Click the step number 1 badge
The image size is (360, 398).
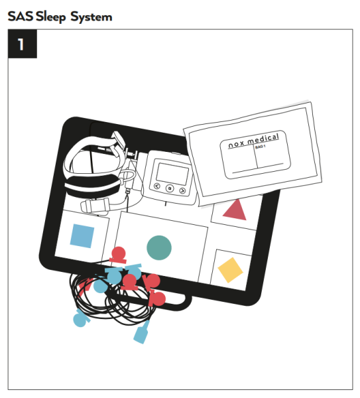[x=22, y=44]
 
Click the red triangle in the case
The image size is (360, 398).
[x=235, y=210]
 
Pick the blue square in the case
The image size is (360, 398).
[x=82, y=235]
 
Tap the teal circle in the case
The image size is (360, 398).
[x=158, y=247]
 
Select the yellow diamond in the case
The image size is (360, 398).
[x=230, y=269]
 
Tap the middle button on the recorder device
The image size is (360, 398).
[x=170, y=188]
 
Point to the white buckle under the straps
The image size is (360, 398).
[x=92, y=206]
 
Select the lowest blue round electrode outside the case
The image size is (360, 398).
[x=80, y=320]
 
